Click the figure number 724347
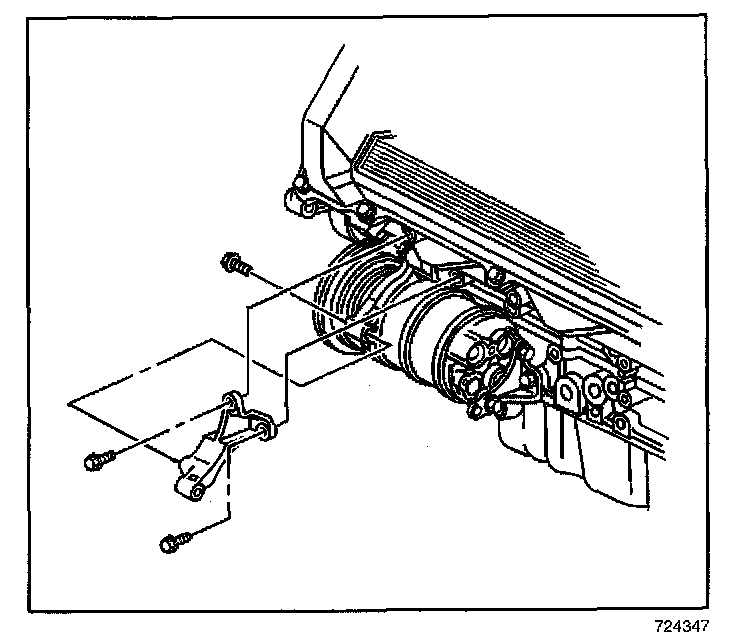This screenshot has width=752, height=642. tap(681, 627)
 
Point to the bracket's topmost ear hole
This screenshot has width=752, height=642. tap(231, 401)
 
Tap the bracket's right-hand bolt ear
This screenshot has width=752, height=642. tap(265, 429)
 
